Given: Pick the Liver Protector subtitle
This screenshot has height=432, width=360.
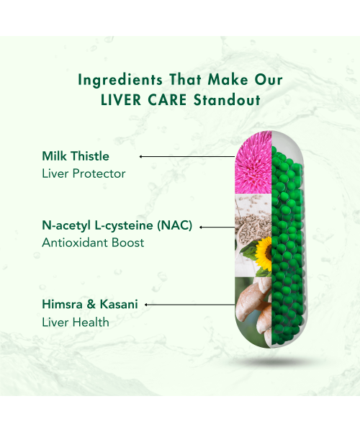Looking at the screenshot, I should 84,174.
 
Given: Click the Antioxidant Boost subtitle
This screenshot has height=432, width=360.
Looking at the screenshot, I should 93,243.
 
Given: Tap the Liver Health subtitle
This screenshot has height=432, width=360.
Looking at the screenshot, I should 76,323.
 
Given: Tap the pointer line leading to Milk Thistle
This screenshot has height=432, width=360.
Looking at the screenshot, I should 189,156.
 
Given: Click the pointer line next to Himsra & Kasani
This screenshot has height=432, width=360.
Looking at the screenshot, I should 191,305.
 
